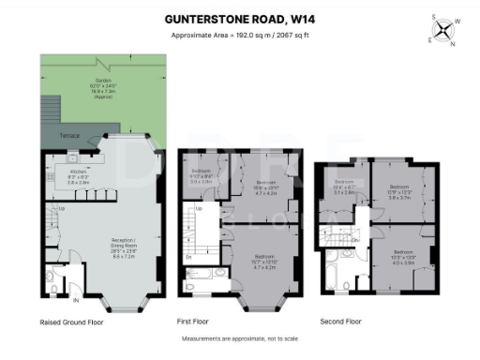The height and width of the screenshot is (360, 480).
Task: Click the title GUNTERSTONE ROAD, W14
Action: [239, 18]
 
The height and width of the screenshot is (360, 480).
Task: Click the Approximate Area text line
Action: [239, 36]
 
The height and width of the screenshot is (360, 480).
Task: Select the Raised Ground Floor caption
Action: [71, 322]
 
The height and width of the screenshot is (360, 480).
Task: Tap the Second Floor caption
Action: [340, 322]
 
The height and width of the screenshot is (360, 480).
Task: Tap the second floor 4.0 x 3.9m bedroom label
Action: [402, 257]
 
